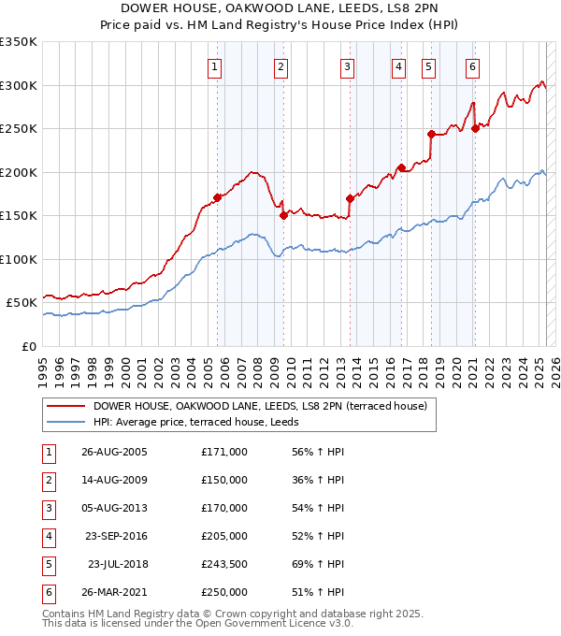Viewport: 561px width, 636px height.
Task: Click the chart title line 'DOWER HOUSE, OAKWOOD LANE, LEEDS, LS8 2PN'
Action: (x=280, y=9)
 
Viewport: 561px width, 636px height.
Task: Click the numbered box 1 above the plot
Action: (x=216, y=66)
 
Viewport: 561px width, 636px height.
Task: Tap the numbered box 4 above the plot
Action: (x=398, y=66)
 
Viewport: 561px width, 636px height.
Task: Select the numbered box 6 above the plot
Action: (x=473, y=66)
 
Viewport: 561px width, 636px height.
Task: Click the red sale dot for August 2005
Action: (x=217, y=197)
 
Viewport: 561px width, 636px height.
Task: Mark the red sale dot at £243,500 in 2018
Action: (x=430, y=134)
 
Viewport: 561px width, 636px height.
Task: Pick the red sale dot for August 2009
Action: (x=282, y=215)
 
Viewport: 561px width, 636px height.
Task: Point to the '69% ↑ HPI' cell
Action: (x=319, y=564)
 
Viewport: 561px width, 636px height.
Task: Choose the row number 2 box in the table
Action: (x=48, y=479)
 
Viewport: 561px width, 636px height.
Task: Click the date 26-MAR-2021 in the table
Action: (x=115, y=592)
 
